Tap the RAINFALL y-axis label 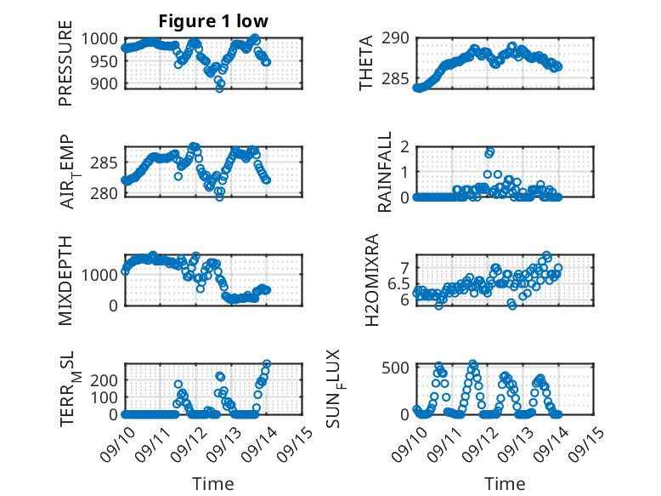click(385, 171)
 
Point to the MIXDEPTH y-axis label click(65, 280)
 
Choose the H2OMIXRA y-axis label click(371, 280)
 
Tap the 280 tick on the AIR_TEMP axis click(109, 192)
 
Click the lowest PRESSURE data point click(219, 88)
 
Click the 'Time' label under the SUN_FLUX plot click(505, 484)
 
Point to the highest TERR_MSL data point click(267, 364)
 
